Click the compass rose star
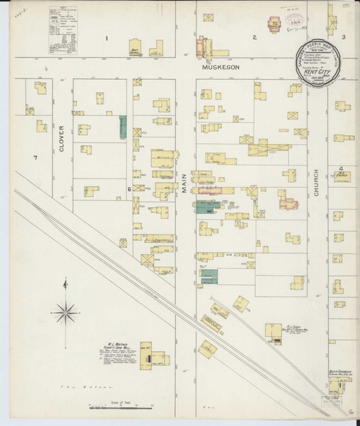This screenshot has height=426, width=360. click(x=66, y=311)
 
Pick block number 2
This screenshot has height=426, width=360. click(x=253, y=37)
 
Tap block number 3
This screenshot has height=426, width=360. click(x=343, y=37)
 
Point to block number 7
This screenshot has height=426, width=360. click(x=34, y=157)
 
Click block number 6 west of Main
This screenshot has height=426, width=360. click(x=130, y=189)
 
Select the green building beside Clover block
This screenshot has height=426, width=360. click(x=122, y=127)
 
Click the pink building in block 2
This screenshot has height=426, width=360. click(x=274, y=25)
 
